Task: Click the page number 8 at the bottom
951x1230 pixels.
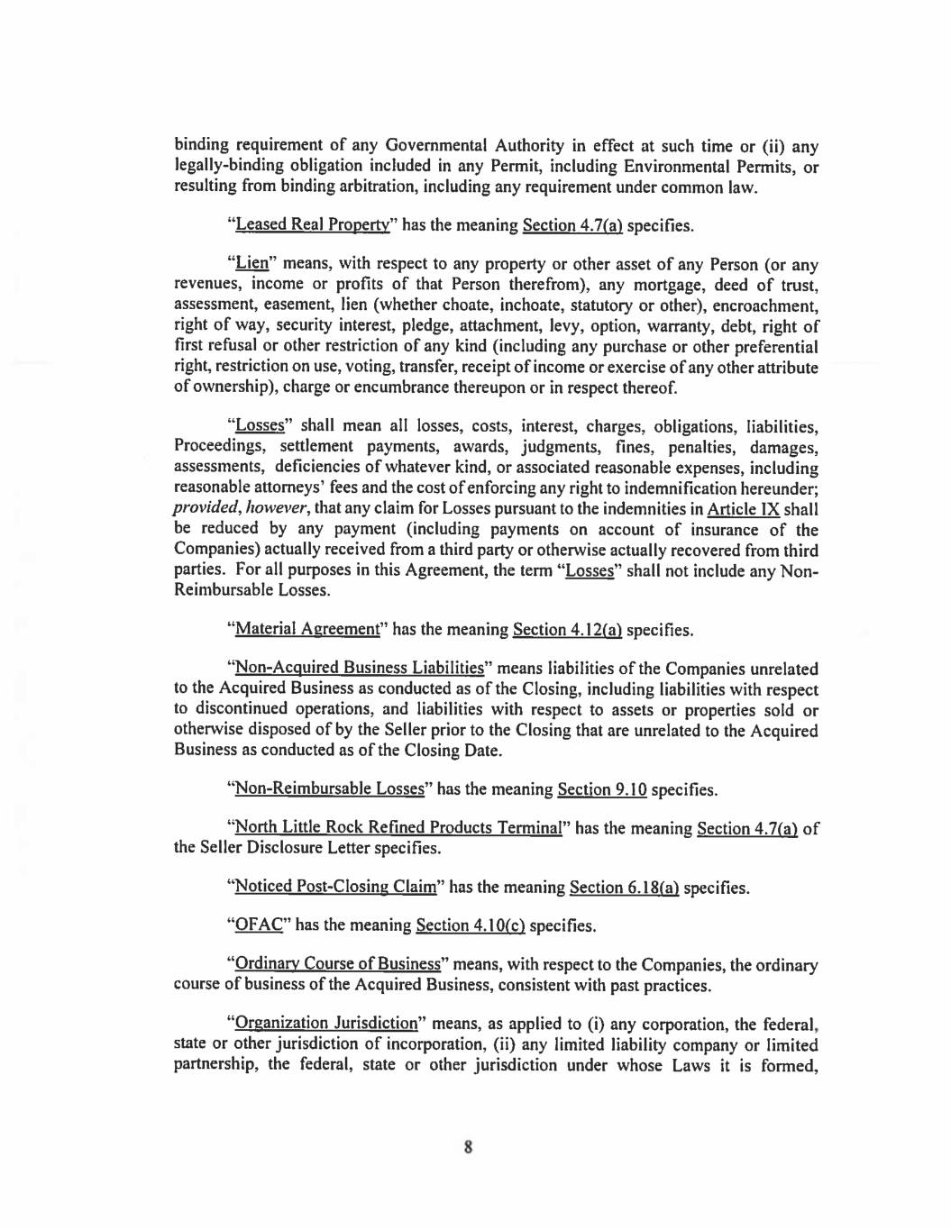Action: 468,1147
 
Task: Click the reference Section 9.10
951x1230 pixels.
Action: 602,789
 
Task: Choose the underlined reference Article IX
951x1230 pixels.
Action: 744,508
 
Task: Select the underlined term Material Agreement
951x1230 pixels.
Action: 307,629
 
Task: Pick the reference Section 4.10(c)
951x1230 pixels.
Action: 471,925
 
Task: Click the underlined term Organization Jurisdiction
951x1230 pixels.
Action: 326,1024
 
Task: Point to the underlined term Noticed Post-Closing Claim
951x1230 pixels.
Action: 335,888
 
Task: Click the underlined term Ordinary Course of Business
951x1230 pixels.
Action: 338,965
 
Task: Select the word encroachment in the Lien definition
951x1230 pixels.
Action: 764,305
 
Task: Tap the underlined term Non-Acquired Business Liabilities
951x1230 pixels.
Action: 360,669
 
